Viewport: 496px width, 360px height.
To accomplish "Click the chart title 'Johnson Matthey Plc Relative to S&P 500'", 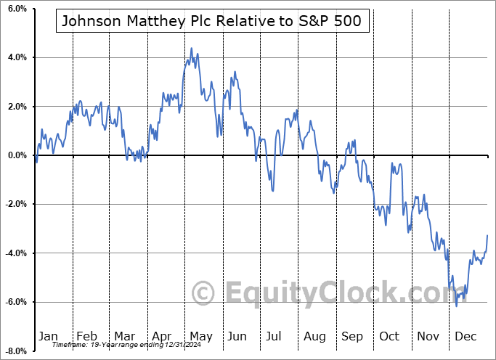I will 212,21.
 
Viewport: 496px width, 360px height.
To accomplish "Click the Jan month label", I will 48,336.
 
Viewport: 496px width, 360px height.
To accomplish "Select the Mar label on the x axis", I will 125,336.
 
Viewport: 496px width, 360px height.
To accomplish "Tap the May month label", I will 200,336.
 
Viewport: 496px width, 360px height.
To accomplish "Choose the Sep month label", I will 352,336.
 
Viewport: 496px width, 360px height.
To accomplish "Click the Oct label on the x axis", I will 389,336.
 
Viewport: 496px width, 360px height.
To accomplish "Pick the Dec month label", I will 465,336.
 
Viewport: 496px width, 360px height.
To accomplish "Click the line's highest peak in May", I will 191,49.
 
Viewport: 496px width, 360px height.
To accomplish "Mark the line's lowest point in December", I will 457,306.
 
